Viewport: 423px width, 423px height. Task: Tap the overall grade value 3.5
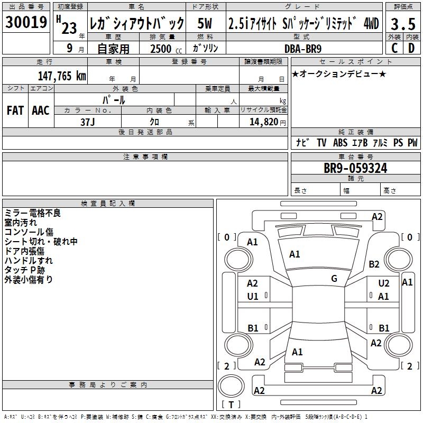403,24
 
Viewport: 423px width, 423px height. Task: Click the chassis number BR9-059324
355,169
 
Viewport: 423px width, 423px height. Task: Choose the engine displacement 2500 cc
161,49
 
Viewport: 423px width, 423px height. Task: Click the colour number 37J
88,122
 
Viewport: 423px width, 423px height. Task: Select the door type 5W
205,24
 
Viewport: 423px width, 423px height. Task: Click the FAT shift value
15,110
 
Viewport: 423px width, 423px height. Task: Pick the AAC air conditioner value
41,110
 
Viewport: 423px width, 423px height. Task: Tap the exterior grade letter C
394,48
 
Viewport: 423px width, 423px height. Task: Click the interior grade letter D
411,48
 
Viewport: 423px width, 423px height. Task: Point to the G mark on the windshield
334,279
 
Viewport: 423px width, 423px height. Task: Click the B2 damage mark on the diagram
374,264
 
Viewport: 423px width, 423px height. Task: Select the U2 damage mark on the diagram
384,284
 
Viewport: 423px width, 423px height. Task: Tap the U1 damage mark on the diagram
253,297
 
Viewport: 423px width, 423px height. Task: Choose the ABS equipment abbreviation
340,143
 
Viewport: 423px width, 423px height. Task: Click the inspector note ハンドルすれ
29,260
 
